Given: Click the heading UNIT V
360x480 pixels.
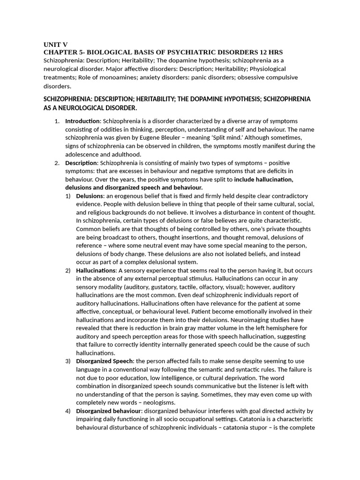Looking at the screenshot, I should (55, 45).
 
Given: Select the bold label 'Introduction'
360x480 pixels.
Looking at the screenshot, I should (82, 121).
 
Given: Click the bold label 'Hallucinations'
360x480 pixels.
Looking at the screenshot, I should (96, 270).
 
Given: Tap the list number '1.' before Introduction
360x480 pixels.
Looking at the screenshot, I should (57, 121).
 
